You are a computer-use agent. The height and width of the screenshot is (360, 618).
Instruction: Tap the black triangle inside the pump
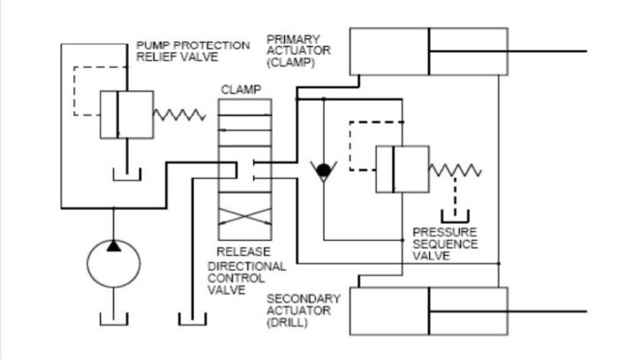pos(114,244)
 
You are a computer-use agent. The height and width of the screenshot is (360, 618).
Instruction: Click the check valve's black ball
pos(324,169)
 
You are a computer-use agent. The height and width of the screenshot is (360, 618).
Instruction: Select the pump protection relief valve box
pos(120,114)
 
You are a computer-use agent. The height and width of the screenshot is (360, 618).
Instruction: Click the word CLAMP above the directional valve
pos(240,89)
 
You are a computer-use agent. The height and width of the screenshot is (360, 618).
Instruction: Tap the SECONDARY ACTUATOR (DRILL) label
pos(299,311)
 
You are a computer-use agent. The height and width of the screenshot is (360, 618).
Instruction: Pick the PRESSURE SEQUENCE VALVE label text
pos(445,244)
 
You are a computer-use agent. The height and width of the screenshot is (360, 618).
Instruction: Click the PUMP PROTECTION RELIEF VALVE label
pos(192,51)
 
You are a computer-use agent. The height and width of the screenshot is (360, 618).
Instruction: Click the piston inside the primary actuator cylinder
pos(429,52)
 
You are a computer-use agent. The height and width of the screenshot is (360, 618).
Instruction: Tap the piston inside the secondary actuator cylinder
pos(429,311)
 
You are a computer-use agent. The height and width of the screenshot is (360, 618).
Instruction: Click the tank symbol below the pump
pos(114,319)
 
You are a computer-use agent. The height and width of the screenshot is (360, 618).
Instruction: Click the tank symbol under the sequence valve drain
pos(456,216)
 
